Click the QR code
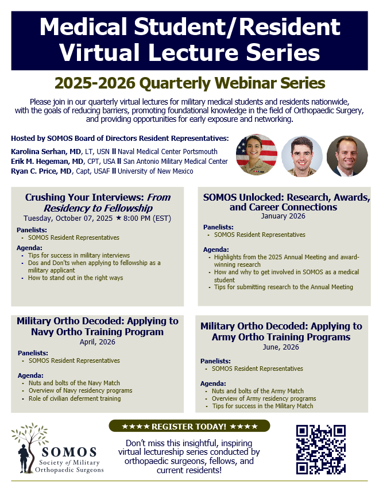321,449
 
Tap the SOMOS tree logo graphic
30,448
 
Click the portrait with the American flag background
257,155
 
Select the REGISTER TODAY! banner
189,426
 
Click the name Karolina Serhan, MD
46,152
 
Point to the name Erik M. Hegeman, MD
48,161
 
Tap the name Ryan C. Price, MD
41,171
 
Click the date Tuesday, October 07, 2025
68,218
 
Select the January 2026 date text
283,216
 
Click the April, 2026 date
97,342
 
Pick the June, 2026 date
281,347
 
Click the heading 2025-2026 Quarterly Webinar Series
190,83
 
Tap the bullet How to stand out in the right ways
75,278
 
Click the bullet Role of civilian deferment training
75,398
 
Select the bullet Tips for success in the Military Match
262,406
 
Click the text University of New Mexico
156,171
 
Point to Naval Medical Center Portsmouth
167,152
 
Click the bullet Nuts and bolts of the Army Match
258,391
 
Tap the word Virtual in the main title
99,52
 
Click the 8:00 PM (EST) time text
147,218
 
